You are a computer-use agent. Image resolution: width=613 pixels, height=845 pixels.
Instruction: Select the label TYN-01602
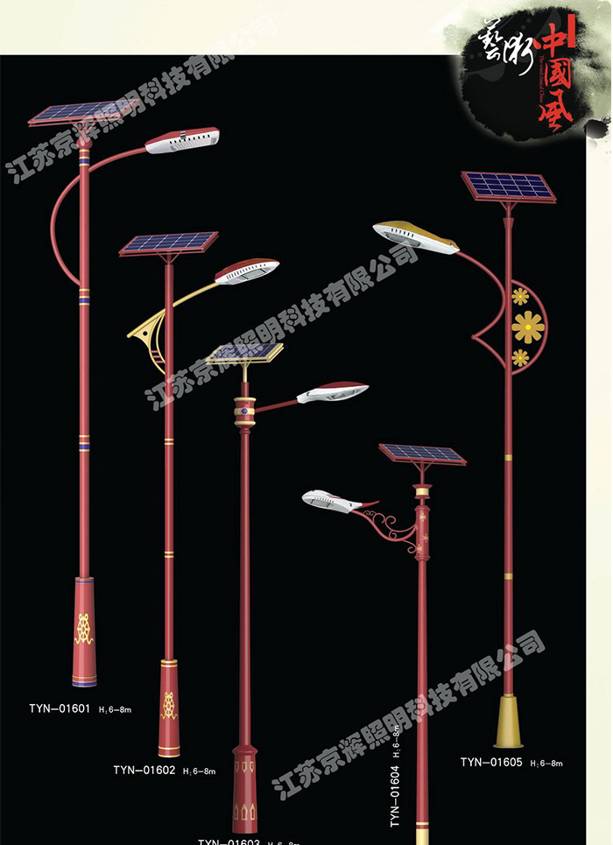[x=144, y=771]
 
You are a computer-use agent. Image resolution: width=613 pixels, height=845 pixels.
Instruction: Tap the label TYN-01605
[x=491, y=763]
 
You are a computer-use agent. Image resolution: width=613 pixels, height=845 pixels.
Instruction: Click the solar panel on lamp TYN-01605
[x=509, y=187]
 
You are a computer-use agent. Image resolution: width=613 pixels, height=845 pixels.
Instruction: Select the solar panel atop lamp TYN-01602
[x=170, y=243]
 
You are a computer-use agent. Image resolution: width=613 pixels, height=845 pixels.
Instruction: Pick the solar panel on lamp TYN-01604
[x=422, y=454]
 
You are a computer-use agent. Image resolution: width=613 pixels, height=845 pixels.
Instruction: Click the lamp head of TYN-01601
[x=182, y=141]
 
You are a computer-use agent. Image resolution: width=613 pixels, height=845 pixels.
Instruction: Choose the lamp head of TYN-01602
[x=248, y=271]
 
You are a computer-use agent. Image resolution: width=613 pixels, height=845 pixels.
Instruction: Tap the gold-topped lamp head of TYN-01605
[x=415, y=236]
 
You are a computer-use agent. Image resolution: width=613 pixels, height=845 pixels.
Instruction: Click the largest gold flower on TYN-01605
[x=528, y=327]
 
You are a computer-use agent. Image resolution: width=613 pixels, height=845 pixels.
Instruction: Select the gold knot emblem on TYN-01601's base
[x=84, y=628]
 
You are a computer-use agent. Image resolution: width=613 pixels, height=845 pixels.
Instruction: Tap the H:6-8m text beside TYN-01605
[x=546, y=764]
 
